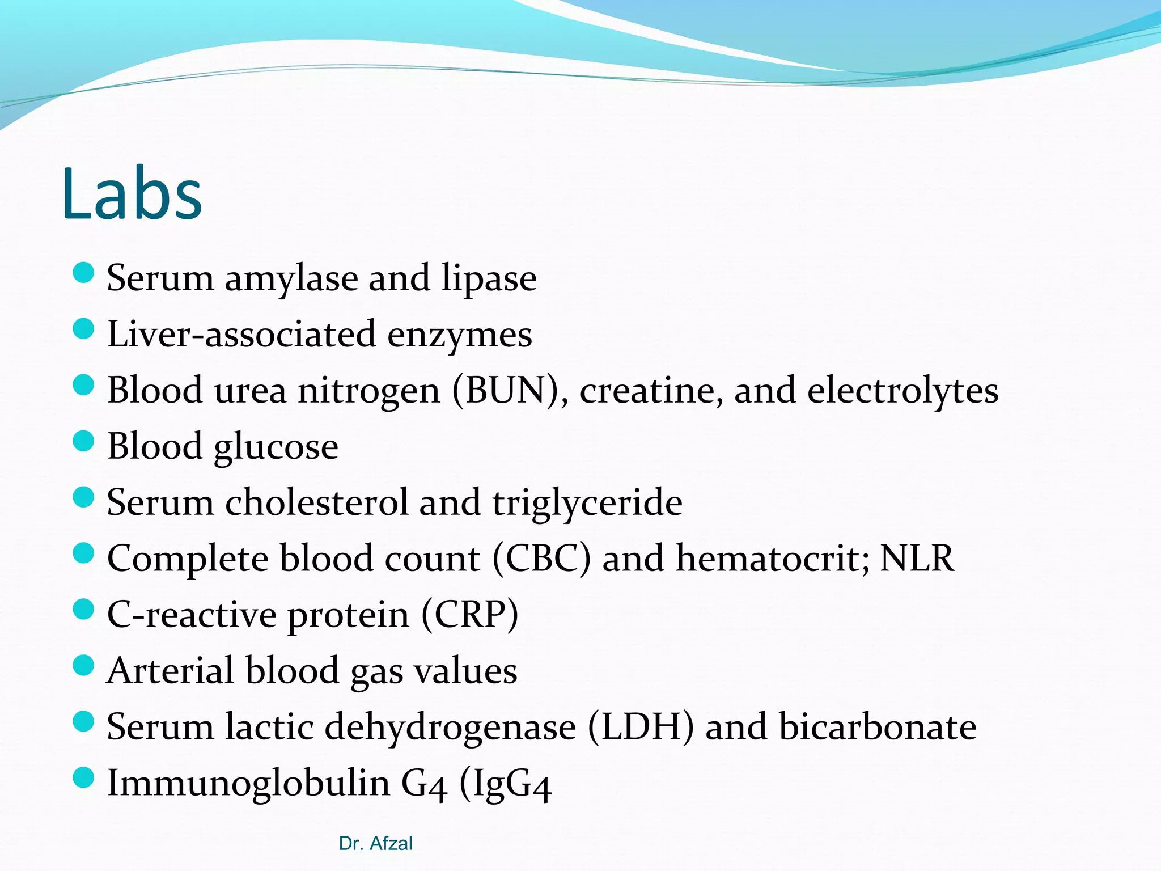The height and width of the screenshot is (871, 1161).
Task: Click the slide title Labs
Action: click(x=132, y=194)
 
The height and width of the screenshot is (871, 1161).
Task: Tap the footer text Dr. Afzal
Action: click(x=375, y=843)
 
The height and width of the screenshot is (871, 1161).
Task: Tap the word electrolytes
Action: click(x=902, y=391)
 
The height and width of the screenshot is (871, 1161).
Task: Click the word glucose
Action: click(x=276, y=447)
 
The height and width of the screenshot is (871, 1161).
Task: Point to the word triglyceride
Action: click(x=587, y=504)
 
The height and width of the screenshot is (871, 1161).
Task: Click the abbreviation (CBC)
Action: click(x=541, y=559)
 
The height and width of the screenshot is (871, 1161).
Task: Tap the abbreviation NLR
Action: click(x=917, y=559)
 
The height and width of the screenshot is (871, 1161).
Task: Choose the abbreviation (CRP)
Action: click(x=470, y=615)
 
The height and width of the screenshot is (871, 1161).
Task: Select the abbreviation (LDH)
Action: click(x=641, y=727)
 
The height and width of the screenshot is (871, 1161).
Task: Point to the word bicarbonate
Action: click(x=878, y=726)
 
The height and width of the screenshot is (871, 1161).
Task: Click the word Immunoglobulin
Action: click(x=248, y=783)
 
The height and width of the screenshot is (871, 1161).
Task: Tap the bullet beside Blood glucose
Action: click(x=83, y=441)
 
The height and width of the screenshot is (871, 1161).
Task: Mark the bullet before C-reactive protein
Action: click(x=83, y=610)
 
